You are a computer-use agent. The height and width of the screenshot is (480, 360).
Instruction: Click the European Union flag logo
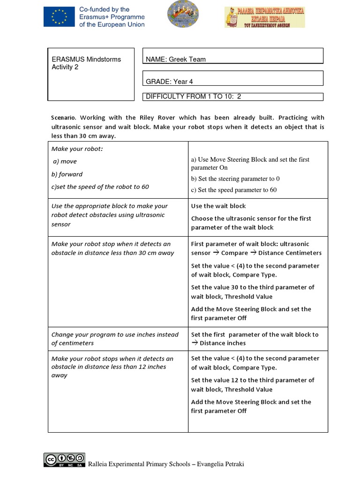59,17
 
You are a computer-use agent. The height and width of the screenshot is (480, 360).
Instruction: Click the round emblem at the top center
183,14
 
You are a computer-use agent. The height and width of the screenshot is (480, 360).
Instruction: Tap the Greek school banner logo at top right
264,17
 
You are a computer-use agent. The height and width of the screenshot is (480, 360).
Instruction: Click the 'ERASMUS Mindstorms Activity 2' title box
90,74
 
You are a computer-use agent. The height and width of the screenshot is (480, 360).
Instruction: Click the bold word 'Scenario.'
64,118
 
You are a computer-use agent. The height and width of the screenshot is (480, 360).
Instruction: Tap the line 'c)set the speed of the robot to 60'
100,187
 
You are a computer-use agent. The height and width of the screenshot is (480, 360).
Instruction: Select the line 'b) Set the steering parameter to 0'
235,179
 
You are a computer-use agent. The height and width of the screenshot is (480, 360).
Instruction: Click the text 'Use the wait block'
218,206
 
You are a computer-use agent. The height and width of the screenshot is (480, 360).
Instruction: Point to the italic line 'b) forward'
67,174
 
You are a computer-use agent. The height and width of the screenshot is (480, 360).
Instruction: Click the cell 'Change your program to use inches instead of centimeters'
115,338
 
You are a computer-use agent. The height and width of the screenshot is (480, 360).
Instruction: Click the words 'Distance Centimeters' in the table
290,253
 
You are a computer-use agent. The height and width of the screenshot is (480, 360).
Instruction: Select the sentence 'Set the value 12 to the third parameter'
253,380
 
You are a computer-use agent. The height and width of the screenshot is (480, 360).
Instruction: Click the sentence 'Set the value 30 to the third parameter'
253,287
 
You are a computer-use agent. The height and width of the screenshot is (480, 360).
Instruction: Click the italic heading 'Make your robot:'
77,149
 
